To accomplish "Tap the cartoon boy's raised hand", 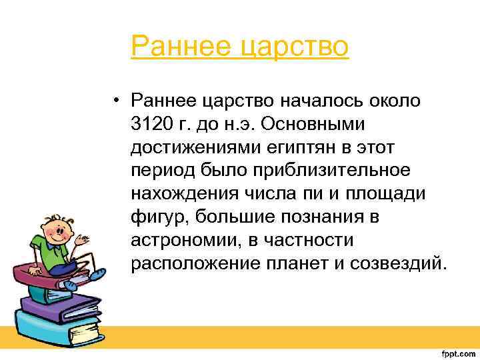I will point(83,238).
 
